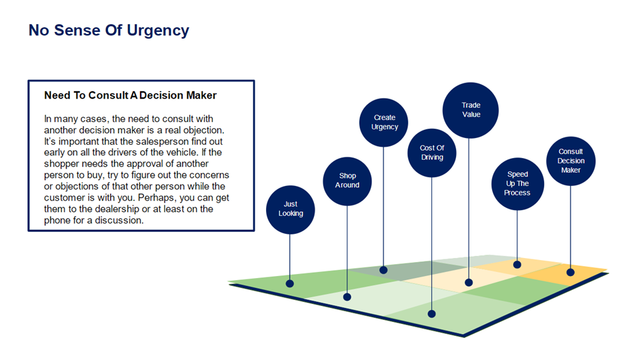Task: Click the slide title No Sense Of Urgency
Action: (x=109, y=31)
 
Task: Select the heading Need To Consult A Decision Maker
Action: (x=130, y=95)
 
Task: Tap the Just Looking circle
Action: (x=290, y=209)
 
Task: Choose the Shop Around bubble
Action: (x=347, y=181)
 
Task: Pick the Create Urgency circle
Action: (x=384, y=122)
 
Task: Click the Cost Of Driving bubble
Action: (x=431, y=153)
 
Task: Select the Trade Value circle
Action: (x=471, y=110)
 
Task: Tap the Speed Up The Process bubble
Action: (x=517, y=183)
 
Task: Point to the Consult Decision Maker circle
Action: (x=571, y=161)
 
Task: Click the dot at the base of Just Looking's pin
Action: (x=290, y=283)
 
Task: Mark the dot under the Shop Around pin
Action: (x=347, y=297)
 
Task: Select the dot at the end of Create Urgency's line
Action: (x=383, y=270)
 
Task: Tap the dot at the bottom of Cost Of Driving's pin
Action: (x=431, y=313)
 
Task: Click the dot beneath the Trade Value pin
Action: (x=469, y=283)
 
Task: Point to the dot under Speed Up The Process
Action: (x=517, y=265)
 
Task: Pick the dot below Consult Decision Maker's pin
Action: (x=571, y=272)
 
